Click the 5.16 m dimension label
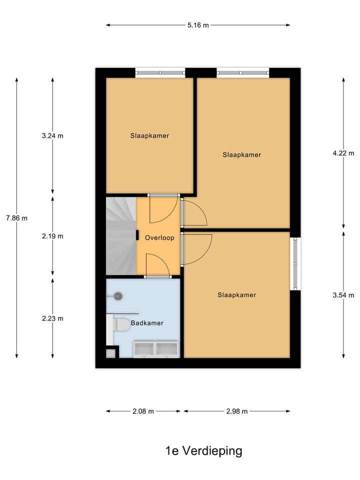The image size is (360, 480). click(198, 25)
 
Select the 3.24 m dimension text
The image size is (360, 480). click(53, 135)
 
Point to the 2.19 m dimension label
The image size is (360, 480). click(53, 236)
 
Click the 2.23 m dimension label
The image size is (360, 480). click(53, 318)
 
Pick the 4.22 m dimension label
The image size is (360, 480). click(343, 153)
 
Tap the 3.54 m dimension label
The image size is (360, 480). click(343, 295)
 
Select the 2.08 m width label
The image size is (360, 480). click(143, 411)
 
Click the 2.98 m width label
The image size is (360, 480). click(237, 411)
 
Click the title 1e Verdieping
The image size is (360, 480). click(203, 451)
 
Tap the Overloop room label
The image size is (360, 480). click(159, 238)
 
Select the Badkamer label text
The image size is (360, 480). click(147, 323)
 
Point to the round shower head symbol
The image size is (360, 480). click(118, 296)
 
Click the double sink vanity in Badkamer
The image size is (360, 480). click(155, 348)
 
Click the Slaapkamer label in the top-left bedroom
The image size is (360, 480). click(149, 135)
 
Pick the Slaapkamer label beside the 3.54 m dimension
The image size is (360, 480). click(236, 295)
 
